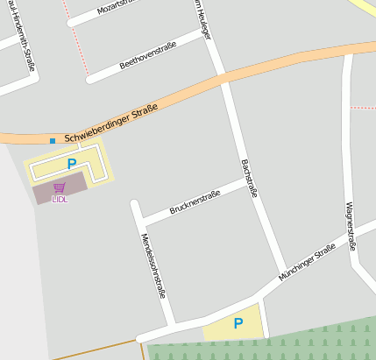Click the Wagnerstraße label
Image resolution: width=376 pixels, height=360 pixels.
pos(351,225)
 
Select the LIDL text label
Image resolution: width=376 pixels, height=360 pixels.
pos(60,199)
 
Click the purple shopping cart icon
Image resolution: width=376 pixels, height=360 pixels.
pos(59,187)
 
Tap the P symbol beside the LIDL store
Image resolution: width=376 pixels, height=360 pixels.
pos(72,164)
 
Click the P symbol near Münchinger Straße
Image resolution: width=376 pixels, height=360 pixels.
pos(238,323)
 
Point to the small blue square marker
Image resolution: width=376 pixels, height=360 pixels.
pos(53,140)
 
